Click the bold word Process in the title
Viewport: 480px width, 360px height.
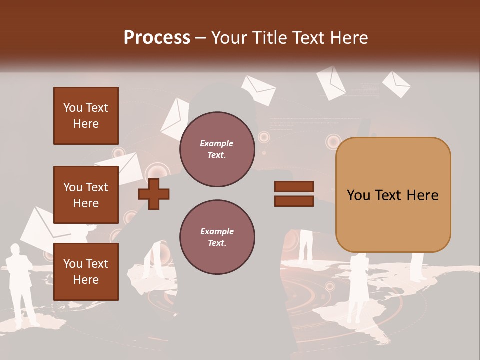pyautogui.click(x=157, y=37)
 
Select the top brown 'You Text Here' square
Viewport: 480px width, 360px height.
pyautogui.click(x=86, y=116)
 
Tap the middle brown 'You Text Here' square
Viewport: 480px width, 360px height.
pyautogui.click(x=86, y=195)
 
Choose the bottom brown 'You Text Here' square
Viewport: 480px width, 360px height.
pyautogui.click(x=86, y=272)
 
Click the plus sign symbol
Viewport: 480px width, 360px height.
pyautogui.click(x=154, y=194)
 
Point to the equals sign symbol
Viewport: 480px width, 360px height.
pyautogui.click(x=294, y=194)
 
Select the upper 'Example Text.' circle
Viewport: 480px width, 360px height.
pyautogui.click(x=217, y=149)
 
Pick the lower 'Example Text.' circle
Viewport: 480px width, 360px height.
pyautogui.click(x=217, y=237)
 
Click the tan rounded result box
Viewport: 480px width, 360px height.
pyautogui.click(x=393, y=195)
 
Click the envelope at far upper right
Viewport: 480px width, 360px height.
pyautogui.click(x=396, y=83)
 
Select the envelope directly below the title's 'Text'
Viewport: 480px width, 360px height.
pyautogui.click(x=331, y=82)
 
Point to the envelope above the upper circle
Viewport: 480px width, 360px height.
pyautogui.click(x=258, y=89)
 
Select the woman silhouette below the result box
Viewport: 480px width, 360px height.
pyautogui.click(x=358, y=287)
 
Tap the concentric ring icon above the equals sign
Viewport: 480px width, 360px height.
pyautogui.click(x=333, y=142)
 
